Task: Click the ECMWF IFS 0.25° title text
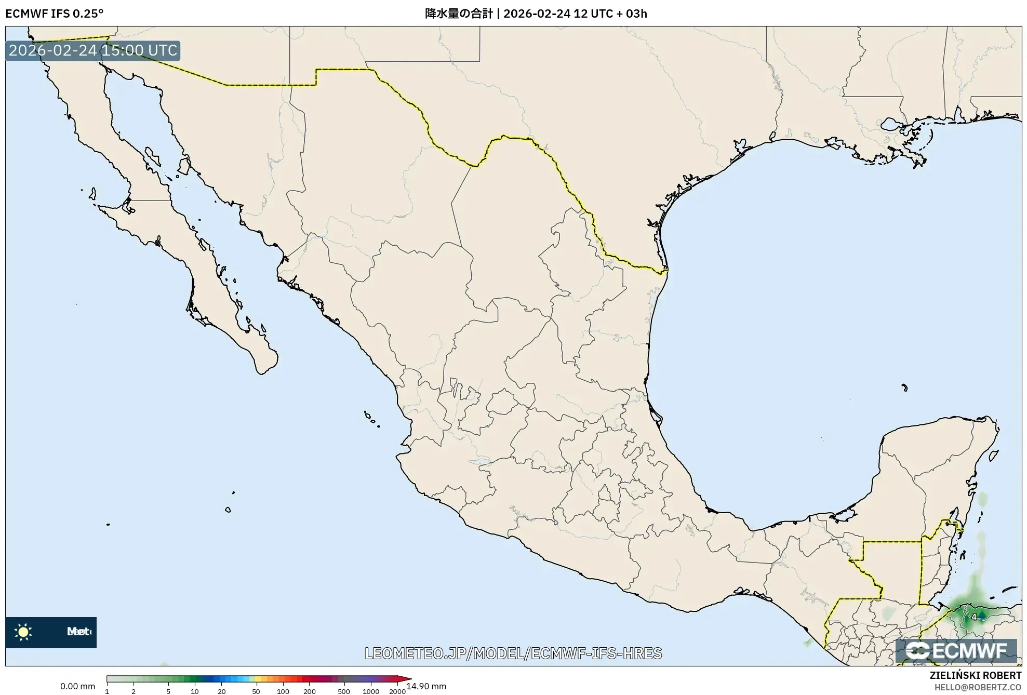pyautogui.click(x=54, y=14)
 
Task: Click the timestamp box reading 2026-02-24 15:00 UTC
pyautogui.click(x=93, y=50)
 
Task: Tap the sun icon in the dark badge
pyautogui.click(x=23, y=632)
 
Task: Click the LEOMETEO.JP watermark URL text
pyautogui.click(x=513, y=653)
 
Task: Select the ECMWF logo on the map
pyautogui.click(x=956, y=651)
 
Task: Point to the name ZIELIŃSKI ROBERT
pyautogui.click(x=975, y=675)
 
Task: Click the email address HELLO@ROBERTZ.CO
pyautogui.click(x=978, y=687)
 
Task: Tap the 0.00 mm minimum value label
pyautogui.click(x=77, y=686)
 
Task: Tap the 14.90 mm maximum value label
pyautogui.click(x=426, y=686)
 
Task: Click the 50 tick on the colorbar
pyautogui.click(x=256, y=691)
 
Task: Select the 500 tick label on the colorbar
pyautogui.click(x=343, y=691)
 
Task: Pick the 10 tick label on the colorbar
pyautogui.click(x=194, y=691)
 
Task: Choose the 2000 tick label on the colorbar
pyautogui.click(x=397, y=691)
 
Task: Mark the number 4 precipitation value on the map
pyautogui.click(x=975, y=617)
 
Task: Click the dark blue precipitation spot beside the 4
pyautogui.click(x=981, y=614)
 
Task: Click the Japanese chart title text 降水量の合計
pyautogui.click(x=459, y=14)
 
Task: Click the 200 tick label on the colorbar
pyautogui.click(x=309, y=691)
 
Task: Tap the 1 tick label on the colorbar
pyautogui.click(x=107, y=691)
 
